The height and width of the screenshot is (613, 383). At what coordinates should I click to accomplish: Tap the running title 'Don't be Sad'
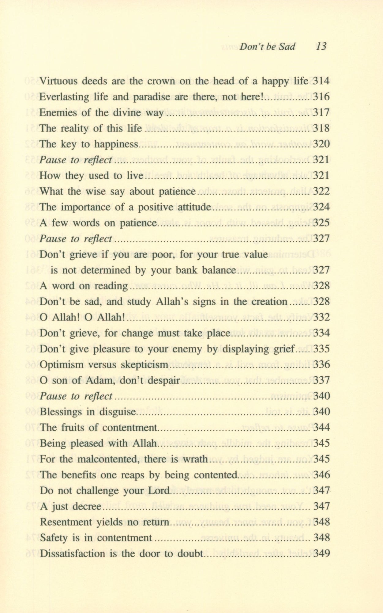267,47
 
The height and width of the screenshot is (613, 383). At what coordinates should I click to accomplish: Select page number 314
321,81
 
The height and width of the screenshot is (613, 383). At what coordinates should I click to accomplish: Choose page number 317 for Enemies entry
321,113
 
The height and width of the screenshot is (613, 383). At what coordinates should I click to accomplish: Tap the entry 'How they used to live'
91,176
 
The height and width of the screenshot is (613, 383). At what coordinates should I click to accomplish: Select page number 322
321,192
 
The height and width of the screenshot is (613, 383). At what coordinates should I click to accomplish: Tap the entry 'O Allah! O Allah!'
83,318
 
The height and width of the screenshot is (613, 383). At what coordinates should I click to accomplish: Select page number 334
321,333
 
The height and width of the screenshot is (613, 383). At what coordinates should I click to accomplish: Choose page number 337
321,380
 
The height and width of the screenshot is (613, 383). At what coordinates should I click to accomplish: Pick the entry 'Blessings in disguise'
87,412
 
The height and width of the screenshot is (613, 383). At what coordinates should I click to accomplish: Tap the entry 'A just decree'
70,506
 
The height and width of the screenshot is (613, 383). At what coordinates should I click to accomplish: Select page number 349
321,554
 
